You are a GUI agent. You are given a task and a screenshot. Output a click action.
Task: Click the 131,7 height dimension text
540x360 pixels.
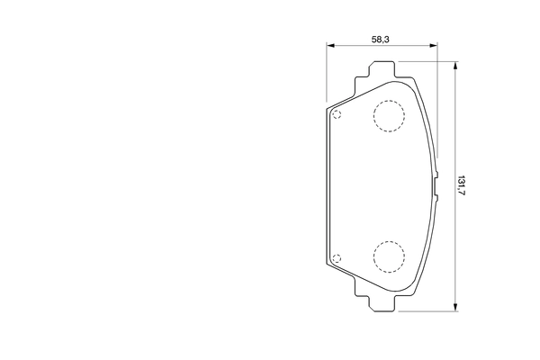tap(463, 187)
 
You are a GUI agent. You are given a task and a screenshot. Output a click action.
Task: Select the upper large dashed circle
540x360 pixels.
tap(389, 116)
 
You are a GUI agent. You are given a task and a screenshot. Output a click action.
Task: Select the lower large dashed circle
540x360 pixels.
tap(389, 256)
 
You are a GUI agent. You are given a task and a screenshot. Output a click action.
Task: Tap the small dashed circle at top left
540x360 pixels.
tap(337, 114)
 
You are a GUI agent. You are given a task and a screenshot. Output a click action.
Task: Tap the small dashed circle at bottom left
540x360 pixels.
tap(337, 260)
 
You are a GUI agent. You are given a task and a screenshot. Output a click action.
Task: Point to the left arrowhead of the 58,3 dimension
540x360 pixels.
tap(328, 46)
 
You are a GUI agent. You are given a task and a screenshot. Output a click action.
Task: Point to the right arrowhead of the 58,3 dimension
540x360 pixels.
tap(435, 46)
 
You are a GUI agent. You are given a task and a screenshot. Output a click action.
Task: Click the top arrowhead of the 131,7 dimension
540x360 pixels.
tap(455, 66)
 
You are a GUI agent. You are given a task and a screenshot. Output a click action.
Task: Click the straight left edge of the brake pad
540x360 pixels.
tap(326, 186)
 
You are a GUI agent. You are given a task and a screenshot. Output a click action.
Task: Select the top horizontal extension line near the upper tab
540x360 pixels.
tap(427, 62)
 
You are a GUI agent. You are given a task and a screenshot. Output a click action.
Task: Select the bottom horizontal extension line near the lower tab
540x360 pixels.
tap(427, 311)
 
